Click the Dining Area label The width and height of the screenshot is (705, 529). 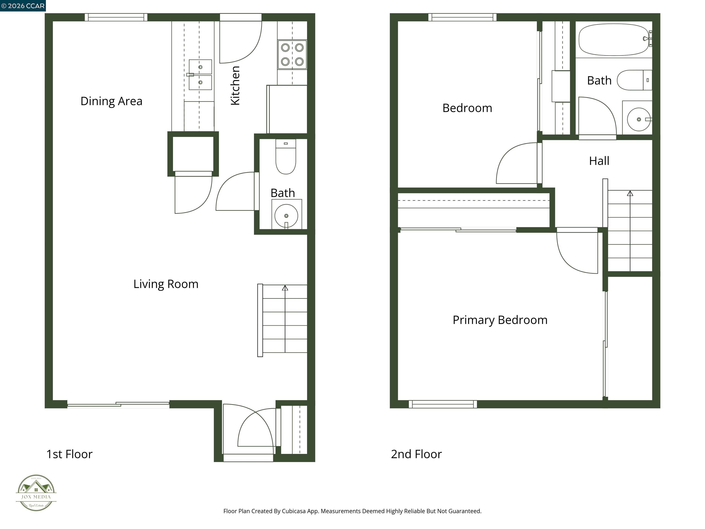[x=111, y=101]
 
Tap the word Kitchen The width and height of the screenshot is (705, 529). [x=235, y=85]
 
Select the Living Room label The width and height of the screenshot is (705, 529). [x=166, y=284]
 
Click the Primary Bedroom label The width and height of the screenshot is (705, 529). [x=500, y=320]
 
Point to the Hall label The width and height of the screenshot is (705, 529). [x=599, y=161]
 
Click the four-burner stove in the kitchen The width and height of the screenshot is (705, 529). [x=292, y=54]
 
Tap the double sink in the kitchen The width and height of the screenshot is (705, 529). [x=200, y=75]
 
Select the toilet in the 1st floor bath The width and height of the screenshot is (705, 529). [x=285, y=158]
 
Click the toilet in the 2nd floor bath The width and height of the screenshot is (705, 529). [x=634, y=80]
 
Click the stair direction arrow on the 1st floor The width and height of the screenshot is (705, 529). [x=285, y=288]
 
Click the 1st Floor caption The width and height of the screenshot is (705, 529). [x=70, y=454]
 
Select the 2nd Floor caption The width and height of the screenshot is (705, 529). [x=416, y=454]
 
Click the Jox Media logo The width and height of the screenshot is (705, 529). [x=36, y=493]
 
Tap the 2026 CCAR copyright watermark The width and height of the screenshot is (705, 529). [x=23, y=6]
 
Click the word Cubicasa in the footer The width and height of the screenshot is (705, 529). [x=294, y=511]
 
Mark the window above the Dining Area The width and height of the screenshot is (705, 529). [x=116, y=17]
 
